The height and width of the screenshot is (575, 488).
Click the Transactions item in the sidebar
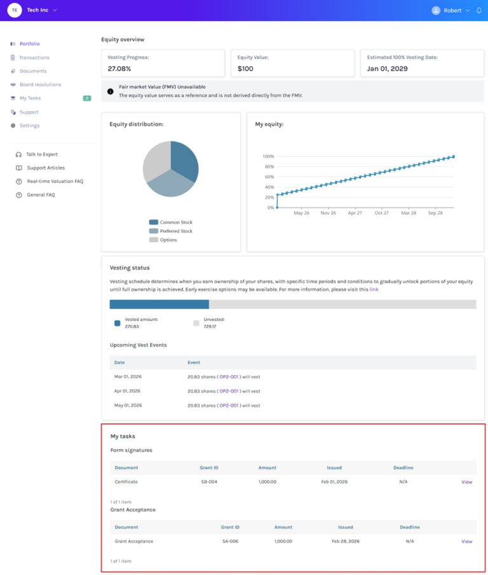34,58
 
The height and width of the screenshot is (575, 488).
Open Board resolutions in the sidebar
41,84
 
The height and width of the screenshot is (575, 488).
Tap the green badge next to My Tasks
87,98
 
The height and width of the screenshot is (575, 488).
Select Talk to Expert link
42,154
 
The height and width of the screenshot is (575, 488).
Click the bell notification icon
479,10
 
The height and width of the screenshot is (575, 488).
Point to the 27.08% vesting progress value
119,69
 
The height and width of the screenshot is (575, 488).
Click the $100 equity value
245,69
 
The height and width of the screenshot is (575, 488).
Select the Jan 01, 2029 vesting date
387,69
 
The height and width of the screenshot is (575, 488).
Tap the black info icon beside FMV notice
110,91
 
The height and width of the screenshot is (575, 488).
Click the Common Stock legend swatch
154,222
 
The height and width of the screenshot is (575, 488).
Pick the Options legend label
168,240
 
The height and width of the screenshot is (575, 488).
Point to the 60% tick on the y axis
269,177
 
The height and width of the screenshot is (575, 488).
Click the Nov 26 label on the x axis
329,213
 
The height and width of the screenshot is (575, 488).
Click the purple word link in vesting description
374,289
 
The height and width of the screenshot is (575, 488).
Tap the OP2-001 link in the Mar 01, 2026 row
229,376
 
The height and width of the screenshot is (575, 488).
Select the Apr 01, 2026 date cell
127,391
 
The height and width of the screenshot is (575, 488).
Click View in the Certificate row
466,482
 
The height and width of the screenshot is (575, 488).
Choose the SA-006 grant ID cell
230,541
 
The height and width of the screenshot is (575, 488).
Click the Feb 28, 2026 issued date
346,541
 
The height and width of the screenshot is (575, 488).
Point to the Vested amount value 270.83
132,326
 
